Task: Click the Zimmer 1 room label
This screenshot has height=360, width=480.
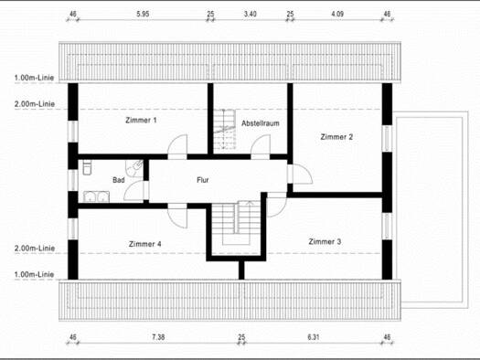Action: coord(141,121)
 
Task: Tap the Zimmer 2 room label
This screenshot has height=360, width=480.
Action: coord(336,137)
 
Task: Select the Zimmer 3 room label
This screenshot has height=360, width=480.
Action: coord(325,241)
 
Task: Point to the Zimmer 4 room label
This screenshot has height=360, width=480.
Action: coord(144,244)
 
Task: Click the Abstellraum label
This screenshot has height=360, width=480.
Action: coord(261,123)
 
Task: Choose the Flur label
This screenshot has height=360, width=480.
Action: coord(203,180)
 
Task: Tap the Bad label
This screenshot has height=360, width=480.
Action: coord(119,180)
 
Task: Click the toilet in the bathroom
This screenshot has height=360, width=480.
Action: coord(87,168)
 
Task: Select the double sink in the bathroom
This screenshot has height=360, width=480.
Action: coord(96,196)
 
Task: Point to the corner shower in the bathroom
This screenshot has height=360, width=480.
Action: coord(134,167)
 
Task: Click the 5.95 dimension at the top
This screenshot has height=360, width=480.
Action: coord(143,14)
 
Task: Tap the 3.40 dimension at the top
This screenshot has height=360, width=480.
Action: coord(251,14)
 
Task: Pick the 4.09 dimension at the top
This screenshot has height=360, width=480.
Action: coord(337,14)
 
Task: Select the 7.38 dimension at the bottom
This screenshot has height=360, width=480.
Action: coord(158,337)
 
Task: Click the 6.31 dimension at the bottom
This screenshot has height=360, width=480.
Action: coord(314,337)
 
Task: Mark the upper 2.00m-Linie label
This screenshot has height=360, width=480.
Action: coord(35,104)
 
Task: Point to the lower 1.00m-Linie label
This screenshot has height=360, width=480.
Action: coord(35,274)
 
